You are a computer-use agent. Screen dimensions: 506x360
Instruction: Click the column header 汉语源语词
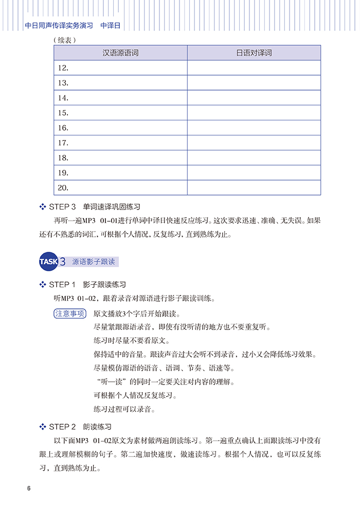click(120, 53)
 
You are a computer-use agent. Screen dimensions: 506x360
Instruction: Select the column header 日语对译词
click(254, 53)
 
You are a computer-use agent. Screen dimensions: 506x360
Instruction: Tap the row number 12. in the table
click(63, 68)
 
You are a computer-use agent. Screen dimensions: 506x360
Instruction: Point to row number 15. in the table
click(63, 113)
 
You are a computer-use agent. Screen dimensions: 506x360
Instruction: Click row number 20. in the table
click(63, 188)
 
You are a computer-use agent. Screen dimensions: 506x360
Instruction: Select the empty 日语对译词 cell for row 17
click(254, 143)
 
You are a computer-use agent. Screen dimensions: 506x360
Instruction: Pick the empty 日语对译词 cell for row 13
click(254, 83)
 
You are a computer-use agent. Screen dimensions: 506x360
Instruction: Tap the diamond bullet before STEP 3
click(43, 207)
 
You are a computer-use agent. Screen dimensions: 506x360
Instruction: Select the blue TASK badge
click(49, 261)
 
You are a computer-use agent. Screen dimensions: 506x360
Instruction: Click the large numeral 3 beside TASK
click(62, 261)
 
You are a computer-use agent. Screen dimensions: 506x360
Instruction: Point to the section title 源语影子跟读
click(94, 261)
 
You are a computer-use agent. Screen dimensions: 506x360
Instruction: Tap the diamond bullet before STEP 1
click(43, 284)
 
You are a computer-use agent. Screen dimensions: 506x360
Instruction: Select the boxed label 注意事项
click(70, 313)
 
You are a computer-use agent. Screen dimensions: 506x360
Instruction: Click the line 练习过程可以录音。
click(124, 409)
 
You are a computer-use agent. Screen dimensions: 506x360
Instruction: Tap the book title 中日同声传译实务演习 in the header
click(59, 25)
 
